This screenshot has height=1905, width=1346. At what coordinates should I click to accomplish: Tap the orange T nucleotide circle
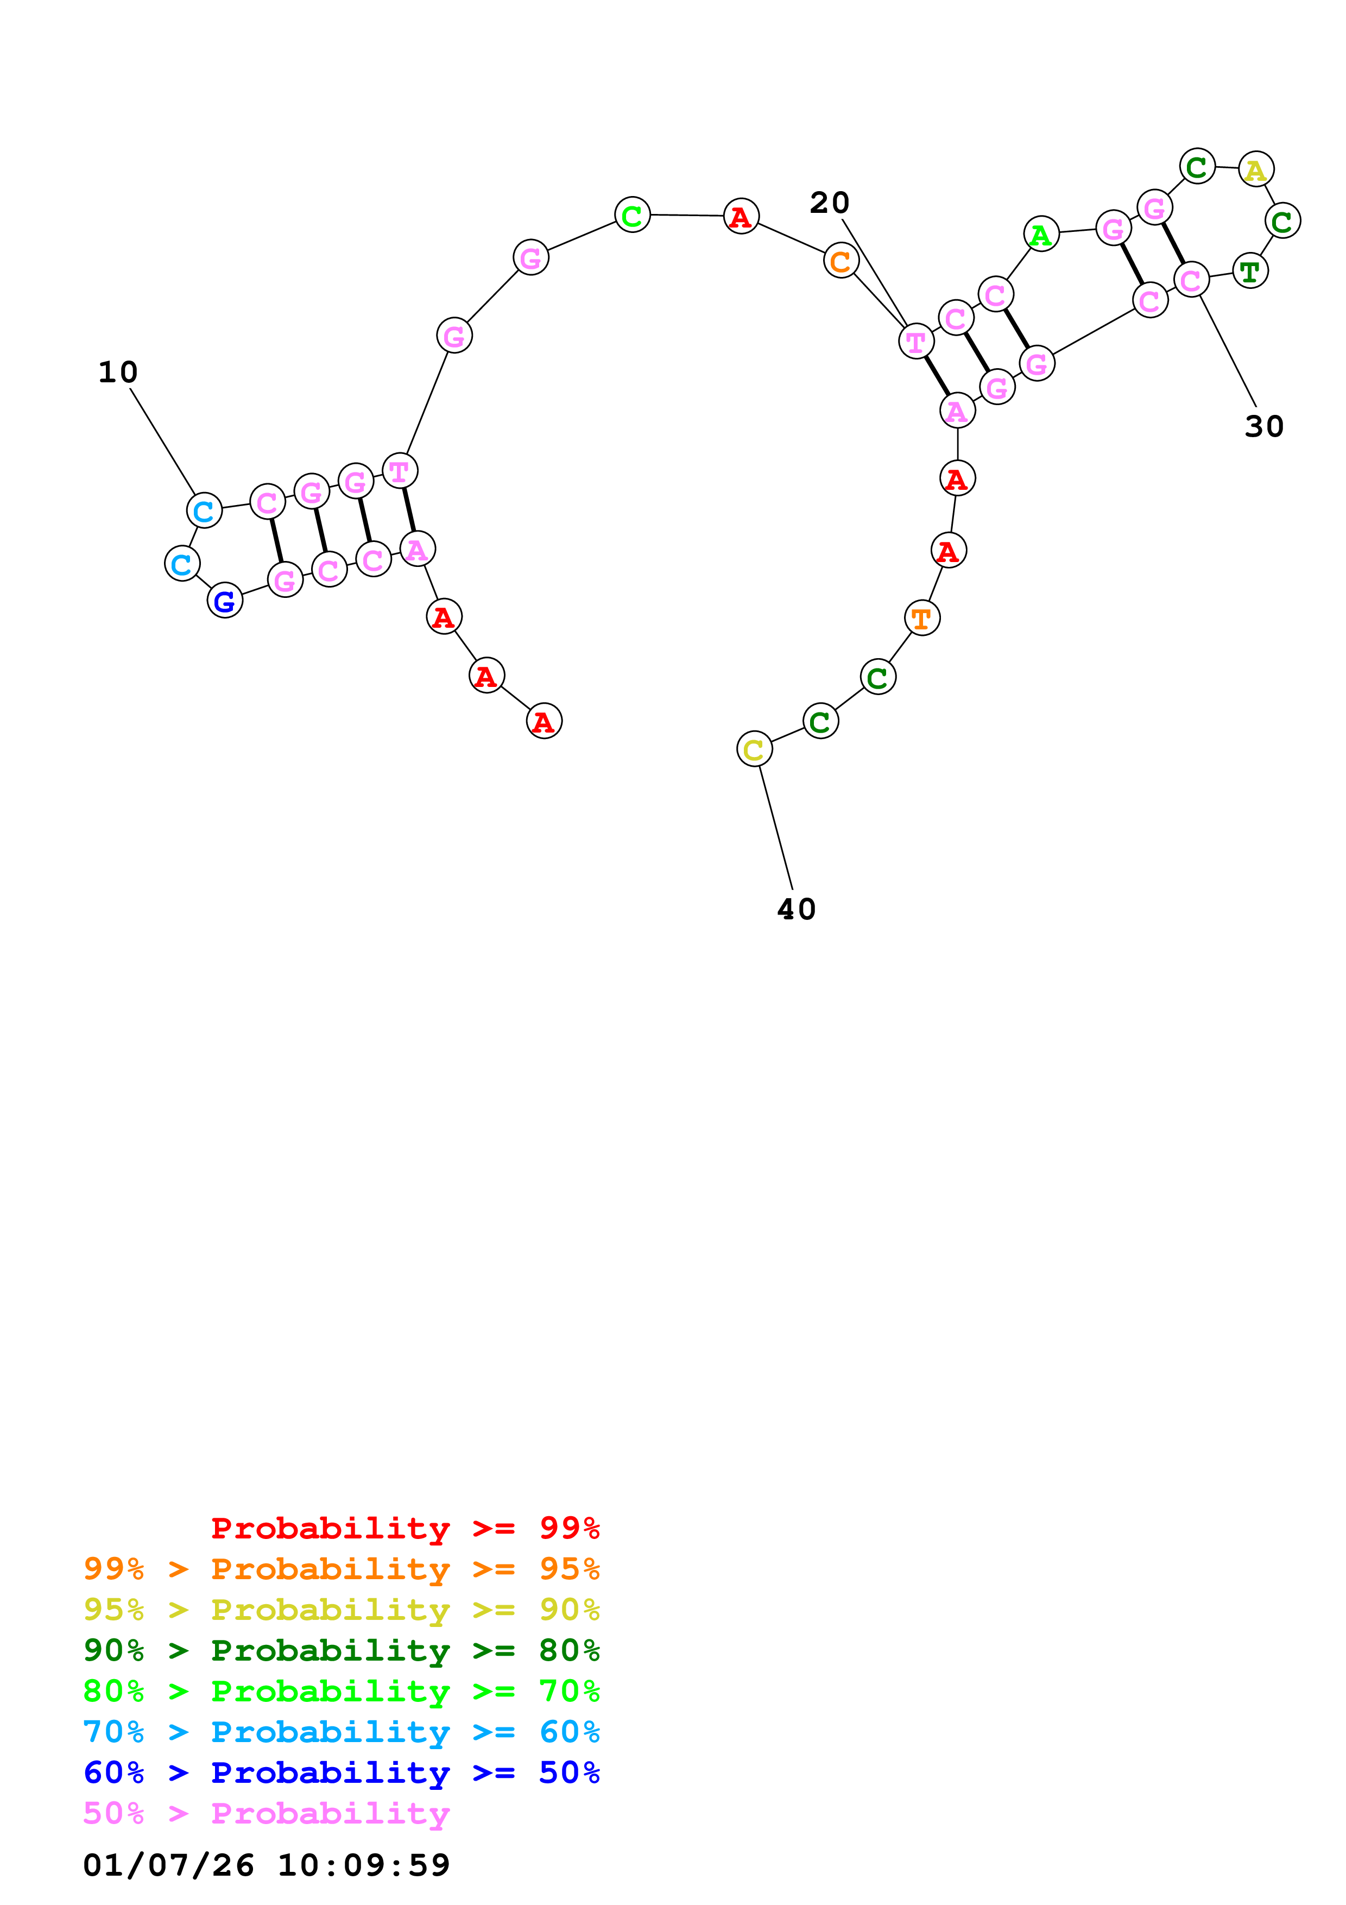pos(921,618)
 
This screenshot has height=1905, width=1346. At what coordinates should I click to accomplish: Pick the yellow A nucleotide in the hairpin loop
pos(1256,170)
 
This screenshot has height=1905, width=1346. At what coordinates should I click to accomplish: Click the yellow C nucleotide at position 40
pos(754,749)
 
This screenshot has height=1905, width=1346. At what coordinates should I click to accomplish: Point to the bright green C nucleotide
pos(632,216)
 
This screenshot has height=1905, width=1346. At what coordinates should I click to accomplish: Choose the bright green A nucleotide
pos(1041,235)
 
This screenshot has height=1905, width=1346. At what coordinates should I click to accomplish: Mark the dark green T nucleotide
pos(1250,272)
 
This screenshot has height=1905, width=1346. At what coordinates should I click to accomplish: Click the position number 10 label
pos(118,373)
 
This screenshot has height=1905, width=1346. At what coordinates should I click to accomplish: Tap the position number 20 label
pos(829,203)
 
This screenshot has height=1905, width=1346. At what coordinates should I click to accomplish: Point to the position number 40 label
pos(796,910)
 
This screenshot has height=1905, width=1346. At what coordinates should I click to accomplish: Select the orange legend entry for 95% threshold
pos(342,1569)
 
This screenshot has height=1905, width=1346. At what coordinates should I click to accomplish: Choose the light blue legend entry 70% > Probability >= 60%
pos(342,1732)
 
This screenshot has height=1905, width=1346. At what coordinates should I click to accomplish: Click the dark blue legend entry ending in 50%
pos(342,1772)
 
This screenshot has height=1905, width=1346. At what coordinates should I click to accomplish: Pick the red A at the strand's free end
pos(544,721)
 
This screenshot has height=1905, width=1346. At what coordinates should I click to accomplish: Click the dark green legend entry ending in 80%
pos(342,1650)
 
